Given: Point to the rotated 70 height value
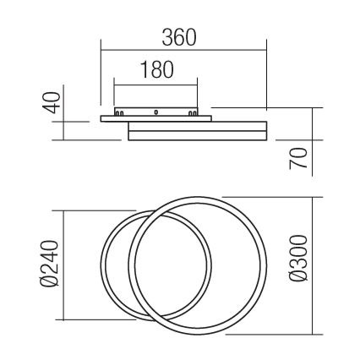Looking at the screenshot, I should click(297, 157).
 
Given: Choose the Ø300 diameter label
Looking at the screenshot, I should click(297, 265).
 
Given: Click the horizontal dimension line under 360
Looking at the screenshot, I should click(183, 52).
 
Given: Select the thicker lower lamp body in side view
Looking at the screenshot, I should click(197, 132).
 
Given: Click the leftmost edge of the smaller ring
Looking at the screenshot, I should click(101, 265).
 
